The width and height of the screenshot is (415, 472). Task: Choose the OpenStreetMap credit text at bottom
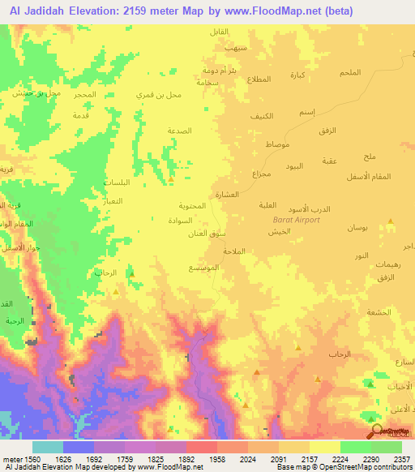tap(357, 467)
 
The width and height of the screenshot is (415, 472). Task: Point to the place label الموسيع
tap(202, 268)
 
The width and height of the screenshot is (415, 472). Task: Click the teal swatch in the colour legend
tap(48, 447)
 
